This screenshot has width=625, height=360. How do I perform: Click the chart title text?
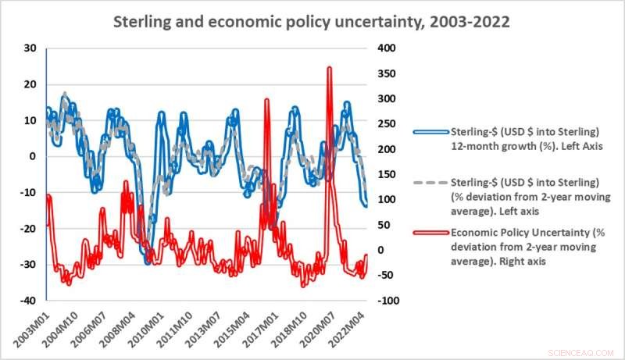[x=312, y=21]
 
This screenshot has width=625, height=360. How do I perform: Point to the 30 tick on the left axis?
[x=30, y=48]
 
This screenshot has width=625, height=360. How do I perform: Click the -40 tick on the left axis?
[x=28, y=301]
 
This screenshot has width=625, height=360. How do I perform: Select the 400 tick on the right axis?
[x=387, y=48]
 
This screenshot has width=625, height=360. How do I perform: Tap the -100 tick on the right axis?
[x=388, y=301]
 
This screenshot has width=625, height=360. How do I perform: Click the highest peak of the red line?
[x=329, y=68]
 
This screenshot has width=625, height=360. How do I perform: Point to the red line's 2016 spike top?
[x=267, y=100]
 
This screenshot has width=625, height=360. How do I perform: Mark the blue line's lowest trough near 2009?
[x=147, y=263]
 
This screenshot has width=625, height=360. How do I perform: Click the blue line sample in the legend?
[x=432, y=130]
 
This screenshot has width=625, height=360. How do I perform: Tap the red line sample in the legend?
[x=432, y=233]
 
